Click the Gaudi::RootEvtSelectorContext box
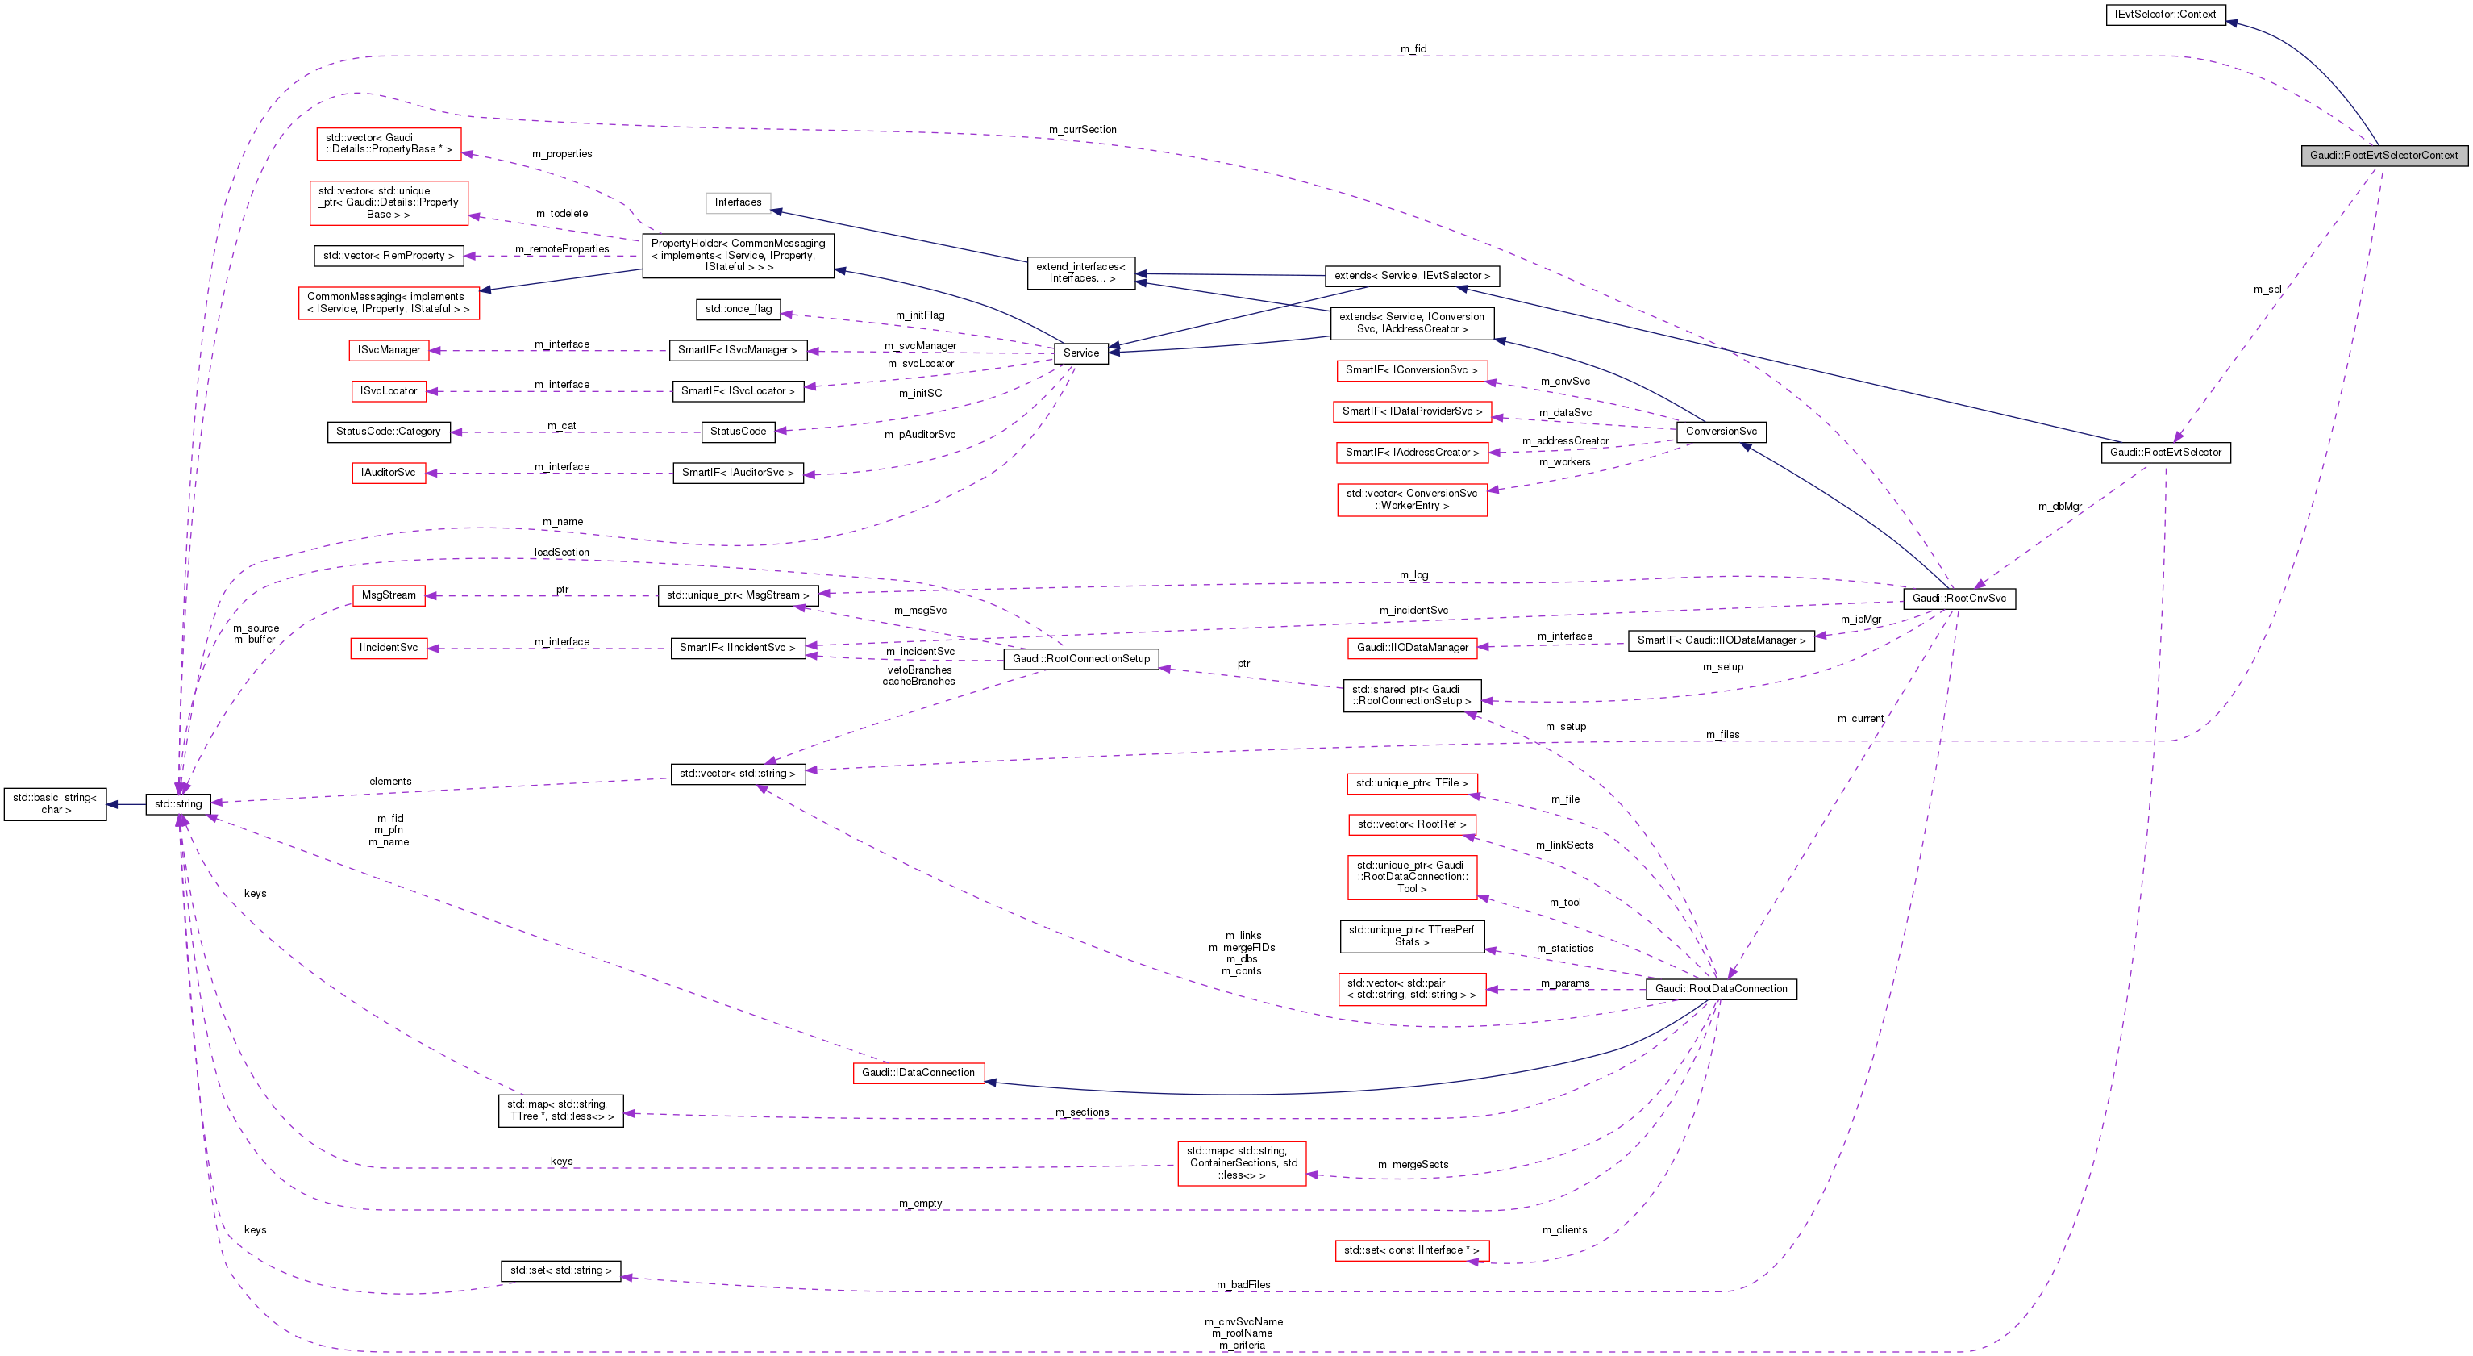point(2383,156)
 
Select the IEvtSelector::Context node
point(2165,15)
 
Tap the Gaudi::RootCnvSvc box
point(1959,599)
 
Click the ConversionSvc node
point(1721,432)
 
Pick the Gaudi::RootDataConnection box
point(1721,989)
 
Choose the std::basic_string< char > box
point(55,803)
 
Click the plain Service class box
point(1081,353)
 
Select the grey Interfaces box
point(737,202)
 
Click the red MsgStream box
point(389,595)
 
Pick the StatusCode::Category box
point(388,432)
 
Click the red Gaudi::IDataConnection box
point(918,1073)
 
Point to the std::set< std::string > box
point(560,1270)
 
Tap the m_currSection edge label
point(1082,130)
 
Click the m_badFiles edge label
point(1243,1285)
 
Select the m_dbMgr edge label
point(2059,506)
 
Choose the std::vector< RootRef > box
point(1410,825)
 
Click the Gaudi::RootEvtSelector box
point(2165,453)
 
